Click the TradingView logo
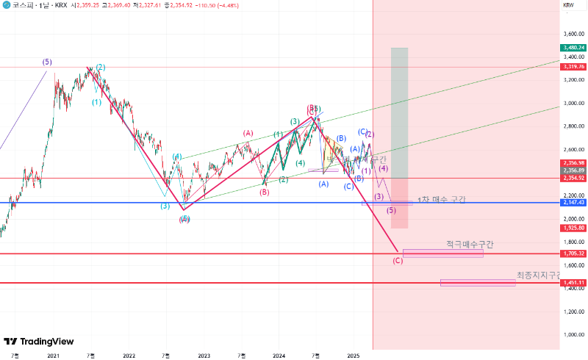(x=38, y=341)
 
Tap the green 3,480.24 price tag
(x=573, y=48)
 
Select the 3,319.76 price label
(x=573, y=67)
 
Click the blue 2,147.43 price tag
(x=573, y=202)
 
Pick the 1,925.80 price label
(x=573, y=228)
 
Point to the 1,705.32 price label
(x=573, y=253)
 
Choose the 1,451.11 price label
(x=573, y=283)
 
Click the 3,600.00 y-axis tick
(x=573, y=34)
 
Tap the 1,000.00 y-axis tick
(x=573, y=334)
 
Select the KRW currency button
(x=568, y=5)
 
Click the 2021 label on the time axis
(x=53, y=355)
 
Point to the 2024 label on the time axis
(x=279, y=355)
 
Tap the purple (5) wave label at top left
(x=47, y=62)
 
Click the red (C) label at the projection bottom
(x=398, y=260)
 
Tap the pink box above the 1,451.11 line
(x=478, y=282)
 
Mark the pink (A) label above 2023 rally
(x=248, y=133)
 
